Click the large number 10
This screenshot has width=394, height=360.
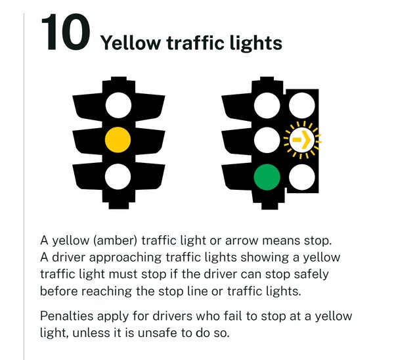[x=65, y=32]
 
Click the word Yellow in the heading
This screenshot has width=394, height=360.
[x=131, y=43]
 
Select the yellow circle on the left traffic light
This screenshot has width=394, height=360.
[x=118, y=140]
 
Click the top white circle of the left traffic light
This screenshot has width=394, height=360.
[x=118, y=105]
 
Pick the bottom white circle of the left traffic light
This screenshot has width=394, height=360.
[x=118, y=177]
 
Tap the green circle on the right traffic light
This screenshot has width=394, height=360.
[x=267, y=177]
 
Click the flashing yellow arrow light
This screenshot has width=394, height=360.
[x=302, y=140]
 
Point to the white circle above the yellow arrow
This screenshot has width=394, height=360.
[x=302, y=105]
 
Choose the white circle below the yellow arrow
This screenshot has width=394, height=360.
[x=302, y=177]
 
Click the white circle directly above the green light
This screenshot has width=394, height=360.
[x=267, y=140]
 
